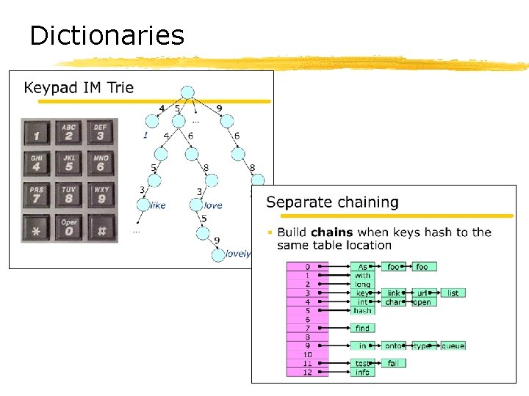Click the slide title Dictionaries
pos(107,35)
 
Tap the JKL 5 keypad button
pos(68,164)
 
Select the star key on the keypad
pos(37,229)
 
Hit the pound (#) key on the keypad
pos(101,229)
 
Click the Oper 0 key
pos(68,229)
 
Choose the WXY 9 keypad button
pos(101,197)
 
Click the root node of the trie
pos(187,92)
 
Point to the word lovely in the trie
pos(238,254)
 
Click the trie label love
pos(213,205)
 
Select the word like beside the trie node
pos(158,205)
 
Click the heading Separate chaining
pos(332,202)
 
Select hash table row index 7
pos(307,328)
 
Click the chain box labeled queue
pos(453,345)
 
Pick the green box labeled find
pos(362,328)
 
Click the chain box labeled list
pos(453,293)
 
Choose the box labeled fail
pos(393,363)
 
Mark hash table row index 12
pos(307,372)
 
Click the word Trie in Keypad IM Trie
pos(120,88)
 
